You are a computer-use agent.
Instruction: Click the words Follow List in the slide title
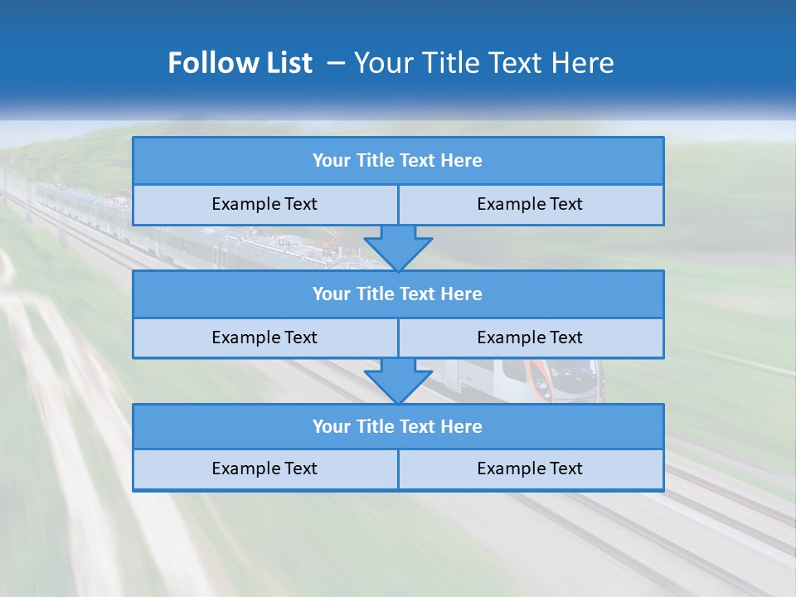240,63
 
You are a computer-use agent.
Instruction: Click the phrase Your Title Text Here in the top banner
483,63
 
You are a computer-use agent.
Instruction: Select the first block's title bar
398,161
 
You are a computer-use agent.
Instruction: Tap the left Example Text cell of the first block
265,205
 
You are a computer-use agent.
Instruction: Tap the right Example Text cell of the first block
531,205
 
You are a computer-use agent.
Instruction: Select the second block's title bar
398,294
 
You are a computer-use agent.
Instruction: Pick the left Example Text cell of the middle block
265,337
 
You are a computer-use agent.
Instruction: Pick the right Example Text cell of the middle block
531,337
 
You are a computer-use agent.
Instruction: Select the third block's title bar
398,427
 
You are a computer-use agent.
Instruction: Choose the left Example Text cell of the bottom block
265,469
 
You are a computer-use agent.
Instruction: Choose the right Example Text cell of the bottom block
531,469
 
